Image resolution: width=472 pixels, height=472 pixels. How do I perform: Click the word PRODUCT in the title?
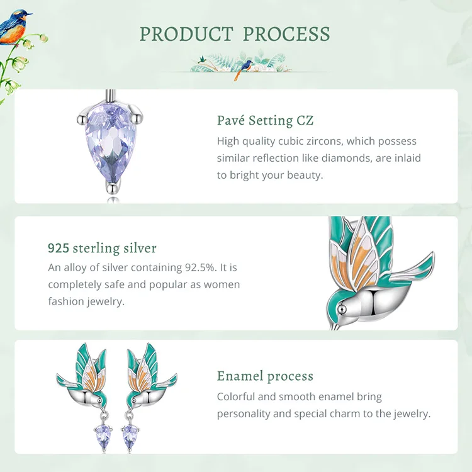186,34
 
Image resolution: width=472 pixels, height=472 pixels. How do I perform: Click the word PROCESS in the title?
286,34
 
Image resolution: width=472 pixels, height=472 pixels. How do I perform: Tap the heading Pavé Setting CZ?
265,120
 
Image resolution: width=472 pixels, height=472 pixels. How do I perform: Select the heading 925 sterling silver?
102,249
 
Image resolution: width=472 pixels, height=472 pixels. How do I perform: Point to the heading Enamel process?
265,376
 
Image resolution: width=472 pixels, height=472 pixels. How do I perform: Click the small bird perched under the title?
243,69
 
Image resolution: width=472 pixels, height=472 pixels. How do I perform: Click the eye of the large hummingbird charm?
342,309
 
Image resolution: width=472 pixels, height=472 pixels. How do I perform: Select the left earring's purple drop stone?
103,436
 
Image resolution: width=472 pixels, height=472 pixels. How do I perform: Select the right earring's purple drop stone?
130,436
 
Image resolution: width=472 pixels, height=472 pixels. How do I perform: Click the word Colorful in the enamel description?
236,396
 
